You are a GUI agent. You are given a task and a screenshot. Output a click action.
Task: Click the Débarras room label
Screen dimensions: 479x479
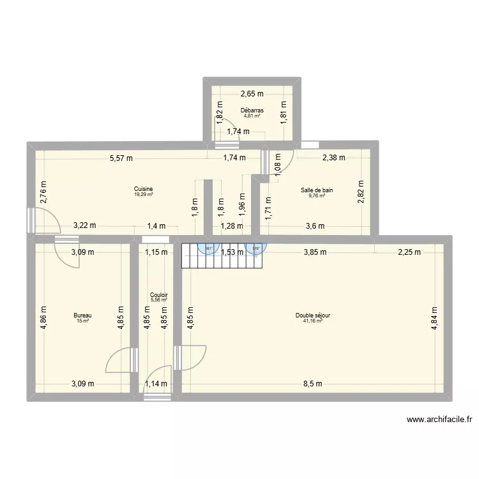pyautogui.click(x=252, y=110)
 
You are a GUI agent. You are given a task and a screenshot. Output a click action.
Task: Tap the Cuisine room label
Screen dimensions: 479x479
pyautogui.click(x=143, y=189)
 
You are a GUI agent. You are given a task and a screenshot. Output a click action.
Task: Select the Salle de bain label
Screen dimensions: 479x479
pyautogui.click(x=317, y=190)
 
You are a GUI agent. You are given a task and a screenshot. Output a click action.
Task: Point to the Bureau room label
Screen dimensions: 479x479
pyautogui.click(x=82, y=316)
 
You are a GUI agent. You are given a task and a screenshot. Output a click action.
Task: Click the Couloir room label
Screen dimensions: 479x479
pyautogui.click(x=158, y=294)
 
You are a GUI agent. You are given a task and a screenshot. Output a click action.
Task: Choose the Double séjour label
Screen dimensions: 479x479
pyautogui.click(x=312, y=316)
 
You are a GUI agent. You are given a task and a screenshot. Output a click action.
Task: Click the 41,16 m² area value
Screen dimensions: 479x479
pyautogui.click(x=313, y=321)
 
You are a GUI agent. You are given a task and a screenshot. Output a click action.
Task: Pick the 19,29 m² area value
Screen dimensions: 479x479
pyautogui.click(x=144, y=194)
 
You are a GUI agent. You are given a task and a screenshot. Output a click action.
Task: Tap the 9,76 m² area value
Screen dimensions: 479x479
pyautogui.click(x=317, y=195)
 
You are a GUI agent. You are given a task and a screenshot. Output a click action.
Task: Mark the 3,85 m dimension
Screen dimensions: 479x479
pyautogui.click(x=314, y=252)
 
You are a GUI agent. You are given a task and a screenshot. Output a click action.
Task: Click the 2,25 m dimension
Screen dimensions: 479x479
pyautogui.click(x=409, y=252)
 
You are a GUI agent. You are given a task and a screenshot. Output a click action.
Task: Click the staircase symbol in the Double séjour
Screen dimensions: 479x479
pyautogui.click(x=191, y=255)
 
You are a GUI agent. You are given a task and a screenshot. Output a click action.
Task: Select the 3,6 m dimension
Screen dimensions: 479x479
pyautogui.click(x=316, y=225)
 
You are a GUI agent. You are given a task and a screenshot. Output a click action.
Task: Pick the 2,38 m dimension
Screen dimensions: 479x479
pyautogui.click(x=333, y=158)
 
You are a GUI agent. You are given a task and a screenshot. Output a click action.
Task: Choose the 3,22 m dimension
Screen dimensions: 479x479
pyautogui.click(x=84, y=225)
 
